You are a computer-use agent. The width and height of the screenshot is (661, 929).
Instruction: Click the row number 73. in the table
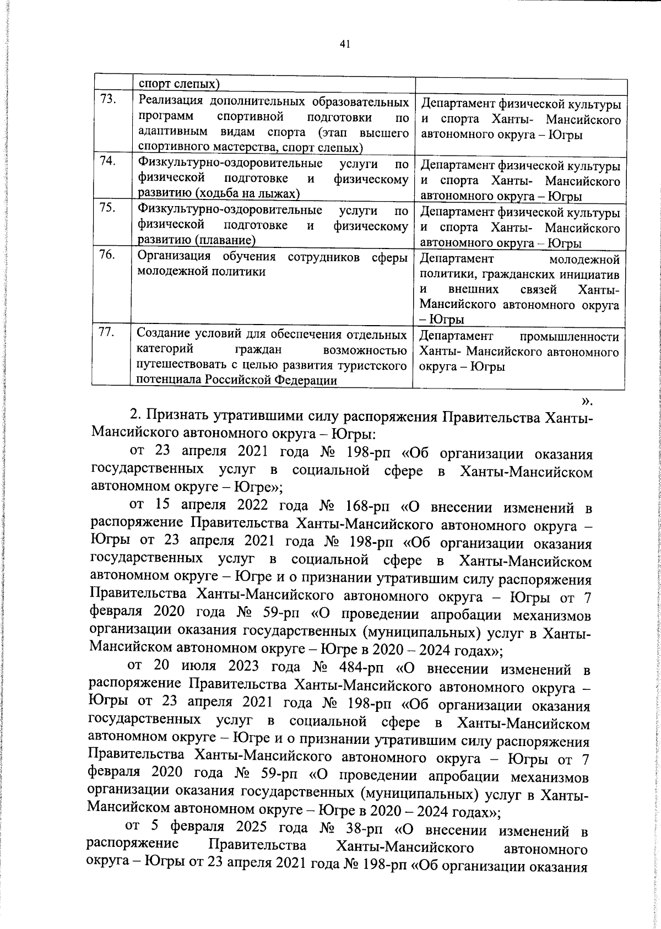pyautogui.click(x=108, y=99)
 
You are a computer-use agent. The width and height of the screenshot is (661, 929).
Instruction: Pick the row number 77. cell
pyautogui.click(x=107, y=332)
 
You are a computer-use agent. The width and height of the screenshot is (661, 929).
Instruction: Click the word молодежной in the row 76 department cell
pyautogui.click(x=584, y=260)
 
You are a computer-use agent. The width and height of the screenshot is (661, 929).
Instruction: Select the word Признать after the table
pyautogui.click(x=177, y=417)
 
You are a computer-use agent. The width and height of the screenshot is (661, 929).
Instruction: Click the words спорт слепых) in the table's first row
pyautogui.click(x=179, y=84)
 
